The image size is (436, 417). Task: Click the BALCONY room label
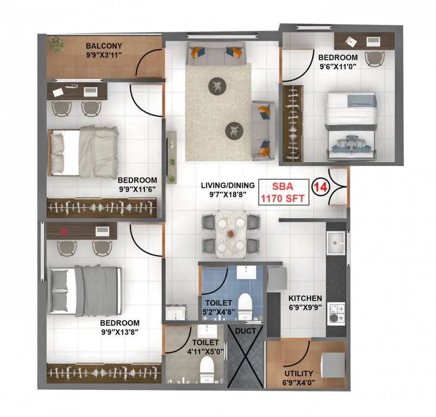pos(104,46)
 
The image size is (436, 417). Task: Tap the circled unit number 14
pos(320,187)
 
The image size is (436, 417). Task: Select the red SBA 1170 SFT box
pos(282,192)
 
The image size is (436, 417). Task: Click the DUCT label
pos(245,329)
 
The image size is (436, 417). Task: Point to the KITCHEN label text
pos(305,298)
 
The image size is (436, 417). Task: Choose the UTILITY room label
pos(299,373)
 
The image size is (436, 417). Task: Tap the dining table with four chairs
pos(231,233)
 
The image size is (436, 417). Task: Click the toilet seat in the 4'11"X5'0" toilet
pos(206,370)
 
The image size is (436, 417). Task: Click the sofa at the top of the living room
pos(216,53)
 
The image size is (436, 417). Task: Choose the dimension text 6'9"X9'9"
pos(305,307)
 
